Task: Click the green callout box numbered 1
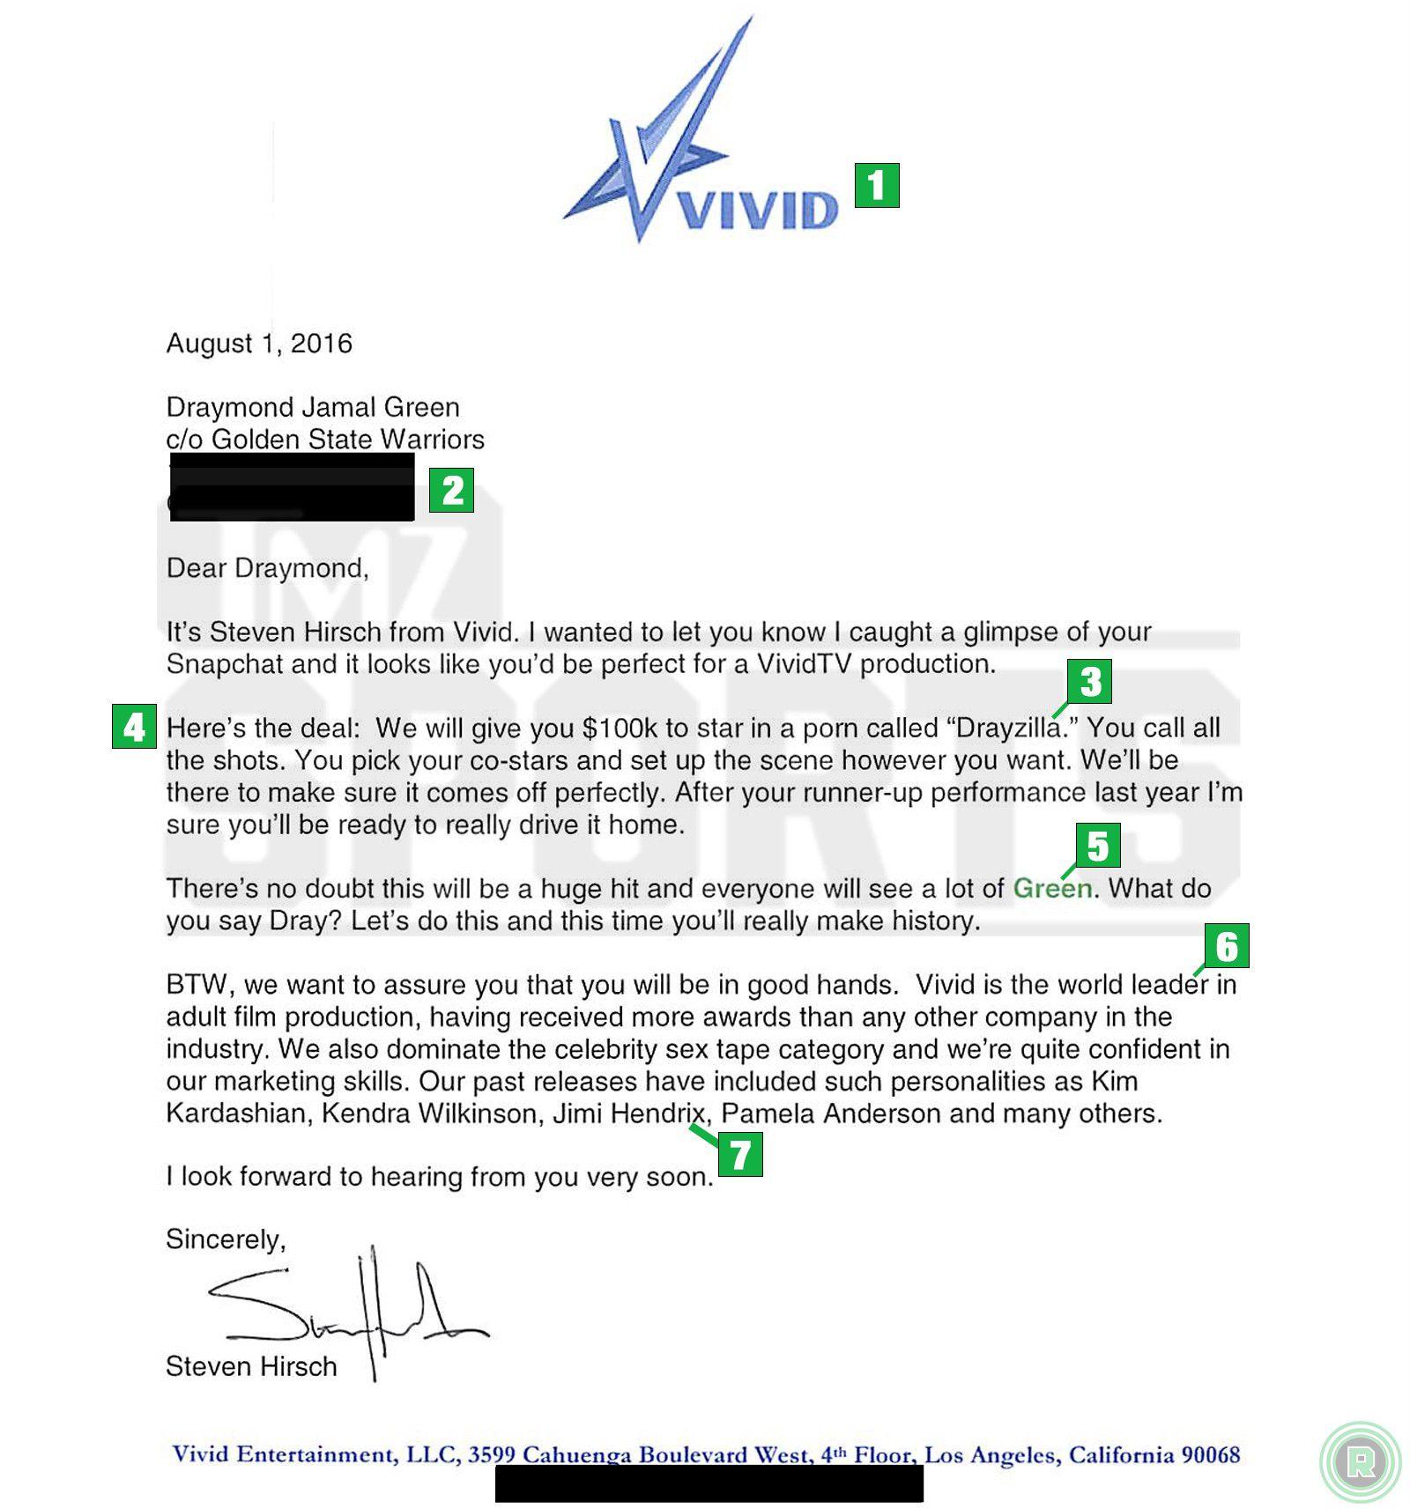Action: coord(876,185)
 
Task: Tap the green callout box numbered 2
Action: coord(451,490)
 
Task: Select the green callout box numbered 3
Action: coord(1089,681)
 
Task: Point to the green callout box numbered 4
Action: coord(134,727)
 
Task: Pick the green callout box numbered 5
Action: coord(1097,846)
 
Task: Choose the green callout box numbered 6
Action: coord(1227,946)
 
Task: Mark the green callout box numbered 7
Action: coord(740,1154)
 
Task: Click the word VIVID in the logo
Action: coord(758,211)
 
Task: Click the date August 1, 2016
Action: coord(259,344)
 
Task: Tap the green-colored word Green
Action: coord(1052,888)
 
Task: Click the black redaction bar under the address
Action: coord(292,487)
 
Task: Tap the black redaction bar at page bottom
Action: coord(709,1483)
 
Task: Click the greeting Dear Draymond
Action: coord(267,568)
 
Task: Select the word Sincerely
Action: coord(226,1239)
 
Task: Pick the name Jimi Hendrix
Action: coord(629,1113)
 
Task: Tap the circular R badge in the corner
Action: coord(1360,1461)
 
